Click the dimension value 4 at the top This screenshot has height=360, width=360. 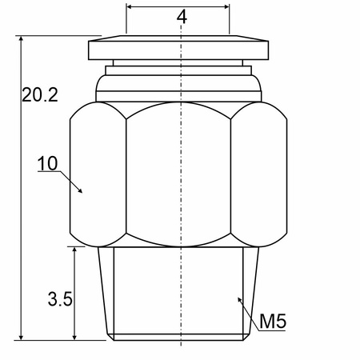click(182, 17)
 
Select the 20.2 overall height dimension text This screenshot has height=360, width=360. click(40, 94)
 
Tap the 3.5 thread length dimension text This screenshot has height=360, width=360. click(60, 298)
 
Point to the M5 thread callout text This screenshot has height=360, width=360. click(273, 321)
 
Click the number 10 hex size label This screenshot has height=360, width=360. click(47, 163)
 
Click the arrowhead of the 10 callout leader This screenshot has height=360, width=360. click(80, 190)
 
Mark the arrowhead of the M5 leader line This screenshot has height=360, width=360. click(240, 300)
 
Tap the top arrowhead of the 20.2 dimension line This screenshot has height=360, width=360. click(22, 38)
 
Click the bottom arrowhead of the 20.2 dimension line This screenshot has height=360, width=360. click(22, 337)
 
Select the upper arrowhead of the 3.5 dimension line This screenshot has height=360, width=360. click(74, 250)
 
